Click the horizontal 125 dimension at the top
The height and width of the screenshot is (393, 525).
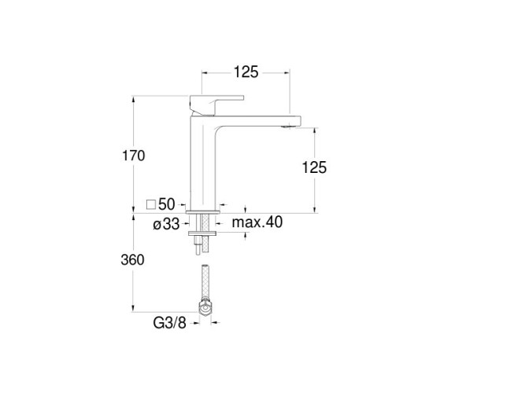click(x=246, y=72)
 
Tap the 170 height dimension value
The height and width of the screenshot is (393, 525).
click(x=133, y=156)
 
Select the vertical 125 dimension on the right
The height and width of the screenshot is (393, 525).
click(x=314, y=167)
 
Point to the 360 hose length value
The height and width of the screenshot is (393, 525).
click(x=132, y=260)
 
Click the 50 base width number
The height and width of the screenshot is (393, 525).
click(x=166, y=204)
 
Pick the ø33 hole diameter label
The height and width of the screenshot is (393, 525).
click(x=166, y=224)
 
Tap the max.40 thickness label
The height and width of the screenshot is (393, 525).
click(x=257, y=222)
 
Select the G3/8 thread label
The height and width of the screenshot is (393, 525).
click(x=169, y=323)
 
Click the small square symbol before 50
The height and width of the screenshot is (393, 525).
click(x=151, y=204)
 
